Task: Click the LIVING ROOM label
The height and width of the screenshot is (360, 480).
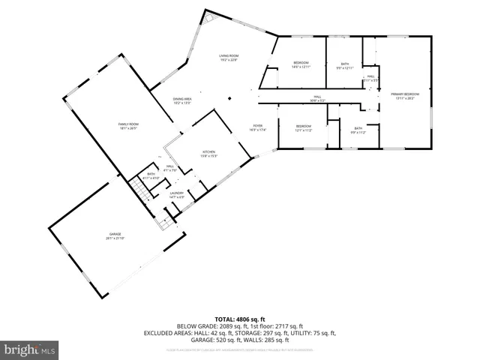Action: pos(228,57)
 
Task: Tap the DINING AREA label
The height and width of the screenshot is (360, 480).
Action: pos(182,100)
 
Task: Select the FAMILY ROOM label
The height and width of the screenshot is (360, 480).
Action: pos(128,125)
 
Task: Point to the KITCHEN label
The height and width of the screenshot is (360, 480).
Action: pos(208,154)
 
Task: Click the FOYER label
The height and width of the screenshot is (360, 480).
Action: pos(257,127)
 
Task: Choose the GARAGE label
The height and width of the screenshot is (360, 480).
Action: pos(115,236)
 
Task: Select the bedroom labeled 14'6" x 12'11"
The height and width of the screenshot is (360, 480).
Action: pos(301,63)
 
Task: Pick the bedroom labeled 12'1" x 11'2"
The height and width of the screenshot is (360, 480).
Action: pos(303,127)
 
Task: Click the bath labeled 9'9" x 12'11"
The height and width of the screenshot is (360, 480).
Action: pos(345,65)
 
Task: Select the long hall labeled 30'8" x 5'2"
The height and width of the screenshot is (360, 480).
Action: pos(317,99)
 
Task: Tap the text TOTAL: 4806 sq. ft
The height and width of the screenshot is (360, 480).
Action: pos(239,319)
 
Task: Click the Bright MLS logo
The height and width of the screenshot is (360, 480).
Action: pos(30,349)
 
